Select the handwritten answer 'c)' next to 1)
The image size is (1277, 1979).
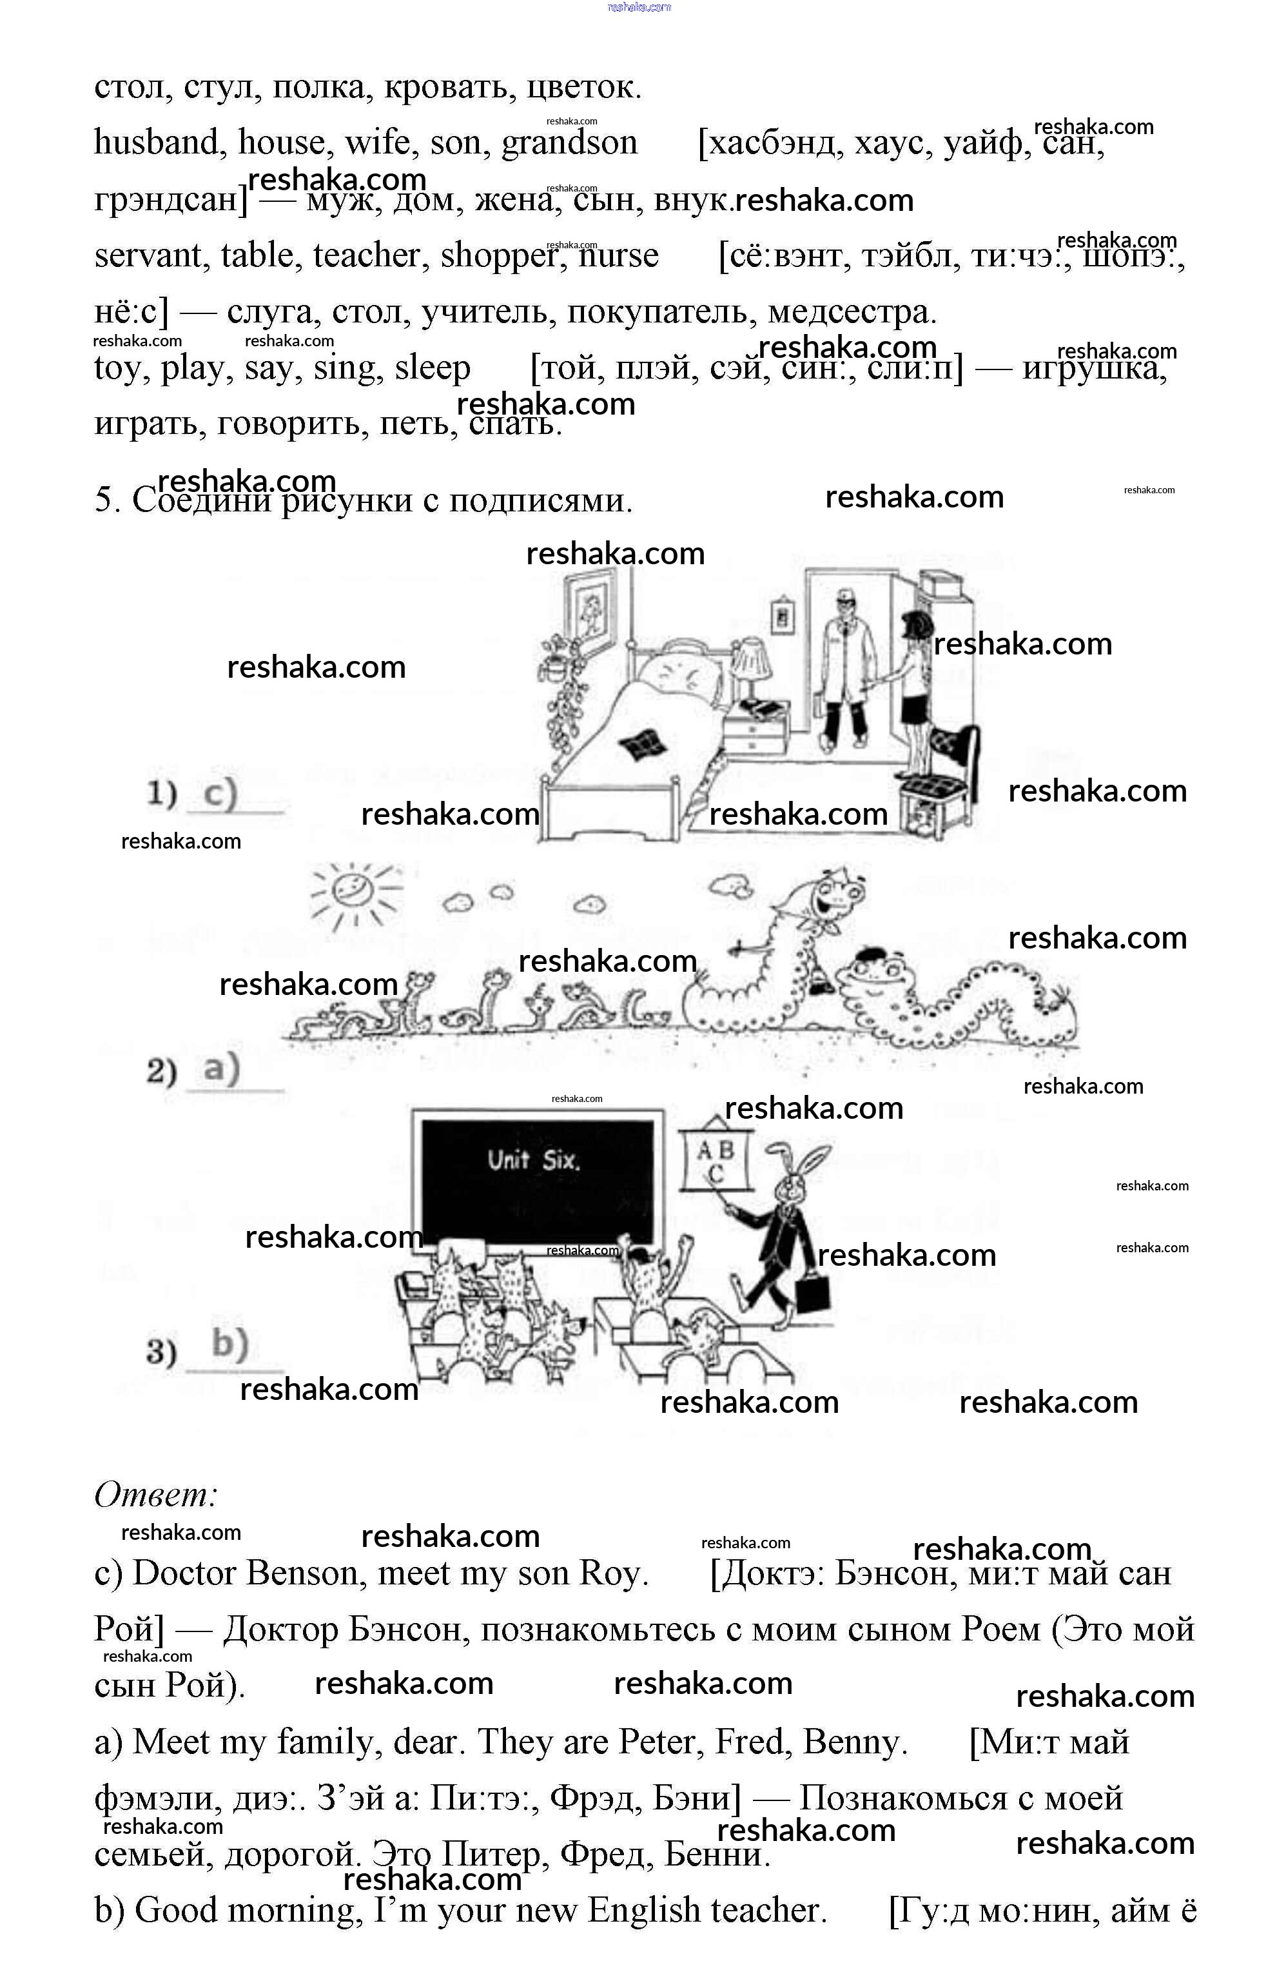[220, 794]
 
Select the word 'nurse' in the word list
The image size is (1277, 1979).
[619, 256]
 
